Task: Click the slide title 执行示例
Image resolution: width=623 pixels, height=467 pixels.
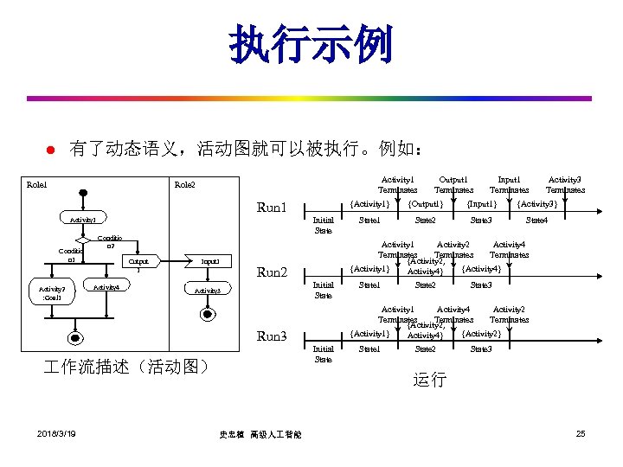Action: [311, 45]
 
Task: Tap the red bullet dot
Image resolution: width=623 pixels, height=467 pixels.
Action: [49, 150]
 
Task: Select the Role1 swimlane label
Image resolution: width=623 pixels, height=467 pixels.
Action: [37, 184]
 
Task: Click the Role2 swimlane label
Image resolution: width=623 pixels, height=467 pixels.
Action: [184, 184]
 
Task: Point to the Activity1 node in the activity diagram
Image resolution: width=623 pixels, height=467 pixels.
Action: [83, 220]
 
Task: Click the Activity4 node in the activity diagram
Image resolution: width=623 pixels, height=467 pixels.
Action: [106, 287]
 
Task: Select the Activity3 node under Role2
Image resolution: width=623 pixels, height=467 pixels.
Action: [207, 291]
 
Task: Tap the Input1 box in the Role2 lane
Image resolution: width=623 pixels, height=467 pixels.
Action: [209, 260]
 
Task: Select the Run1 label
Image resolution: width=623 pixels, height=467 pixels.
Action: [273, 208]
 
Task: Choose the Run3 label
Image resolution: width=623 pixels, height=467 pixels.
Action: [273, 336]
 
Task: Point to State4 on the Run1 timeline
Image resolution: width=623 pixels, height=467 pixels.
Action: [536, 221]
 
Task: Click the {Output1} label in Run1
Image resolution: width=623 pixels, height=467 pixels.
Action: [425, 204]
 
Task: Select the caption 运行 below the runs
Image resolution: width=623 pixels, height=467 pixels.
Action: [430, 380]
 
